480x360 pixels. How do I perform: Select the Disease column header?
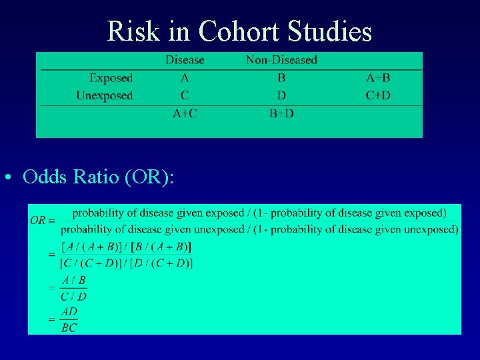(185, 60)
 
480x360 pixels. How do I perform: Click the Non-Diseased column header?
(281, 60)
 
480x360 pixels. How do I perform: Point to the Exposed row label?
(111, 78)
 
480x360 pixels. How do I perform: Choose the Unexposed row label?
(104, 95)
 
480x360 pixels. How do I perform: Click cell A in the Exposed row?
(185, 78)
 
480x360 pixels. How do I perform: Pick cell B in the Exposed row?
(281, 78)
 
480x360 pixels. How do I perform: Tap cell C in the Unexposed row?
(185, 95)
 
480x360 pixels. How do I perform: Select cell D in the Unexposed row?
(281, 95)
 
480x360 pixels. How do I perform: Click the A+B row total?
(378, 78)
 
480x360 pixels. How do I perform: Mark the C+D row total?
(378, 95)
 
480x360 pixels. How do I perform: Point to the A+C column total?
(185, 113)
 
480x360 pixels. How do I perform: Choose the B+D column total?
(281, 113)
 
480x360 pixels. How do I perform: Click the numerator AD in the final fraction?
(69, 311)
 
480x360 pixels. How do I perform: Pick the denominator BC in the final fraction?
(69, 327)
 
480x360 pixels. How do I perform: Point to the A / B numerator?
(73, 281)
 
